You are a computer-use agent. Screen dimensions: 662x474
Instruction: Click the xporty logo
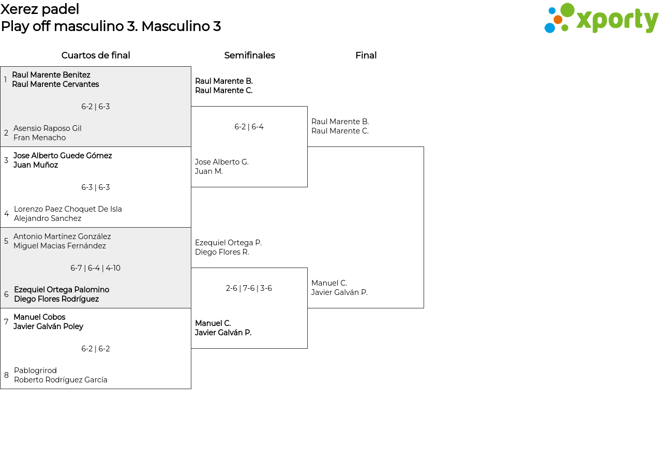pos(601,18)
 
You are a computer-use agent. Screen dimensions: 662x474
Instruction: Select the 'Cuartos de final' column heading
pos(96,55)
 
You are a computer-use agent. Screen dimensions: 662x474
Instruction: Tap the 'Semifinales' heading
pos(249,55)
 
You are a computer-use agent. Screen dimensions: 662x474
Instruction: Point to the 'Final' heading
pos(366,55)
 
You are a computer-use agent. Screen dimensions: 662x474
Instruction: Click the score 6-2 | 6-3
pos(96,107)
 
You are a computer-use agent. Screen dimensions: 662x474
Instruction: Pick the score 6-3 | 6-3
pos(96,187)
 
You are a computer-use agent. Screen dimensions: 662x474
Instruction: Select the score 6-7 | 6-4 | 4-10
pos(96,268)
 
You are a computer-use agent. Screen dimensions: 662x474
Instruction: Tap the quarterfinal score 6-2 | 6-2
pos(96,349)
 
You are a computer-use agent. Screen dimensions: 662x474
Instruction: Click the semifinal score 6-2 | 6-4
pos(249,127)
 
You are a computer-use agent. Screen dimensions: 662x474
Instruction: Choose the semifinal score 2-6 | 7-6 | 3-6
pos(249,288)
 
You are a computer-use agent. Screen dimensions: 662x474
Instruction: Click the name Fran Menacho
pos(40,138)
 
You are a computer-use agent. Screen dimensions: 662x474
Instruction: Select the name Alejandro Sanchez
pos(48,218)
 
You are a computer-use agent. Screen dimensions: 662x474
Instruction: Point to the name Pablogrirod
pos(35,371)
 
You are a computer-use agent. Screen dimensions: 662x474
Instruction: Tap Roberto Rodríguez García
pos(61,380)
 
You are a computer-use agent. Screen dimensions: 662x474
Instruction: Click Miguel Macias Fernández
pos(59,246)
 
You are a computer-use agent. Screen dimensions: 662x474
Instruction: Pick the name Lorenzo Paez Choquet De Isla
pos(68,209)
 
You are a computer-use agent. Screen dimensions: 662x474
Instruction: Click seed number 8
pos(6,375)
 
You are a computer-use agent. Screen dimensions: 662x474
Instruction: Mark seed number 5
pos(6,241)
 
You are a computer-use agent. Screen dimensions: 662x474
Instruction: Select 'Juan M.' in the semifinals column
pos(208,171)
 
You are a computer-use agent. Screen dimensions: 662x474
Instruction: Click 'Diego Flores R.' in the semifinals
pos(222,252)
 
